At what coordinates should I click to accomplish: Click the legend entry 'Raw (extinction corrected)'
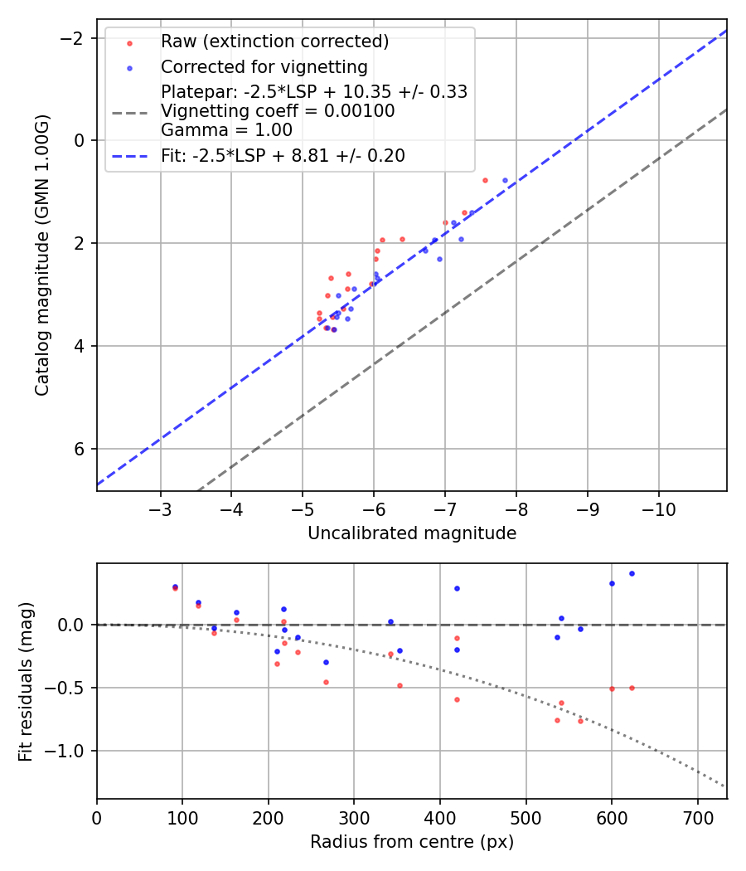[x=274, y=41]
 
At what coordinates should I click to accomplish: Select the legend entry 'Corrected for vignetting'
[x=264, y=66]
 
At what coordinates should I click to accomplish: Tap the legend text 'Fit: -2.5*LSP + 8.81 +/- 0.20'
[x=283, y=155]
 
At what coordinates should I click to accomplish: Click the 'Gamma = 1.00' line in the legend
[x=226, y=130]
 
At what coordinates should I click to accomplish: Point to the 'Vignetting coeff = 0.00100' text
[x=278, y=111]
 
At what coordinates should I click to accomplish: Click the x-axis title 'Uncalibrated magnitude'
[x=412, y=533]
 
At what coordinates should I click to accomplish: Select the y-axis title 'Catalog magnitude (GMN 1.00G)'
[x=42, y=255]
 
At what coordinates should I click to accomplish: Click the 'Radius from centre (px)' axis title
[x=412, y=842]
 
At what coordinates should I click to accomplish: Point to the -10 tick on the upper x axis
[x=659, y=507]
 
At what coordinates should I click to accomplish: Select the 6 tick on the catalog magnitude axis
[x=80, y=449]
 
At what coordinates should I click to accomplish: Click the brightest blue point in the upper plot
[x=505, y=180]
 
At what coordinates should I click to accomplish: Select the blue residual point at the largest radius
[x=632, y=573]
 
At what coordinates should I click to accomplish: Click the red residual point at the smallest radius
[x=175, y=588]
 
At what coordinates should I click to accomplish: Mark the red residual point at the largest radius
[x=632, y=688]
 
